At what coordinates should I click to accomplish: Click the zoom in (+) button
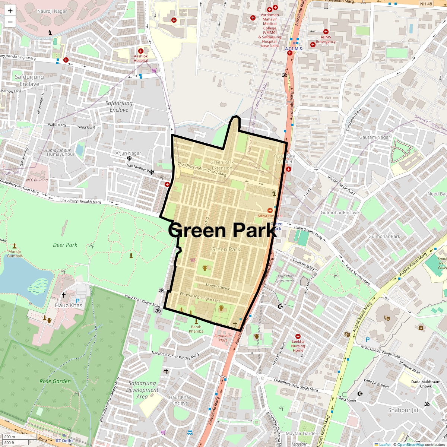[10, 11]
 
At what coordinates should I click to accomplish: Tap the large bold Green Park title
[223, 230]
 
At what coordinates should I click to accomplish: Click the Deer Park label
[65, 245]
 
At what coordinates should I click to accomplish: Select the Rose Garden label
[55, 381]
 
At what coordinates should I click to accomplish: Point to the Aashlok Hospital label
[141, 58]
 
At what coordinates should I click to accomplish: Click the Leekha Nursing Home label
[298, 346]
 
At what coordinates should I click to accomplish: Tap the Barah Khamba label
[196, 329]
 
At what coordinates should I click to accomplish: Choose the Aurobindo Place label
[223, 337]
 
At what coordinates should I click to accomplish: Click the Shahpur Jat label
[403, 410]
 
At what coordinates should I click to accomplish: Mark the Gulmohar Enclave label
[340, 213]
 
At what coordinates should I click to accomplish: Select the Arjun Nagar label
[128, 153]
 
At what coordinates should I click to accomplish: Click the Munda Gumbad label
[15, 254]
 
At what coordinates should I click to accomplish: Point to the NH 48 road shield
[426, 4]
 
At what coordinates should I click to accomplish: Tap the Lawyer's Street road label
[218, 286]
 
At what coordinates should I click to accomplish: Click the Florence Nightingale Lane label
[200, 297]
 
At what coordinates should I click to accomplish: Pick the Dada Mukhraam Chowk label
[426, 384]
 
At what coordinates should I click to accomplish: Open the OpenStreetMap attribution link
[410, 444]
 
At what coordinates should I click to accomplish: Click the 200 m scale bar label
[10, 437]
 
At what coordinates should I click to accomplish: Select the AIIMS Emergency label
[326, 39]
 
